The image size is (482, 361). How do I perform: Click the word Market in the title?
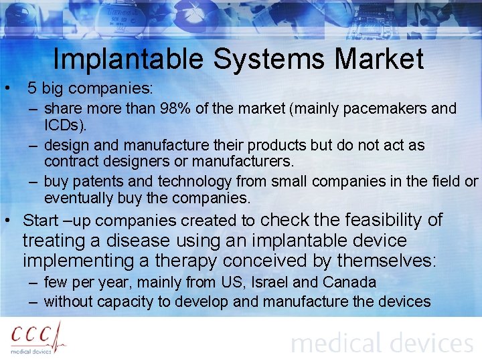click(380, 59)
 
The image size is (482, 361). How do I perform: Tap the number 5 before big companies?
click(31, 88)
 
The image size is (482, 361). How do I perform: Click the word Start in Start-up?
click(41, 221)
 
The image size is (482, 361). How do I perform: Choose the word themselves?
click(386, 261)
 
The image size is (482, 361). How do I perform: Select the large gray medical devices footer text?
click(382, 344)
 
